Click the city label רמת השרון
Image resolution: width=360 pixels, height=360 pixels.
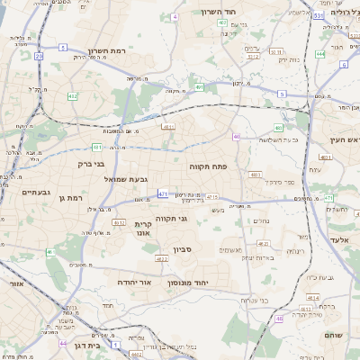pyautogui.click(x=110, y=52)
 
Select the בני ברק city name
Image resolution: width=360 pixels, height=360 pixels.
pyautogui.click(x=87, y=165)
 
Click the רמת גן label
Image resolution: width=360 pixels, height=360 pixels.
pyautogui.click(x=69, y=197)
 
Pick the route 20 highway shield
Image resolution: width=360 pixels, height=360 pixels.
pyautogui.click(x=40, y=56)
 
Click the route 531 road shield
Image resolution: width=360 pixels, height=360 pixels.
pyautogui.click(x=319, y=15)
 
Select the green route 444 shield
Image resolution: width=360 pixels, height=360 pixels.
pyautogui.click(x=320, y=54)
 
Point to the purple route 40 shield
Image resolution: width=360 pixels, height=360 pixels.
pyautogui.click(x=236, y=137)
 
